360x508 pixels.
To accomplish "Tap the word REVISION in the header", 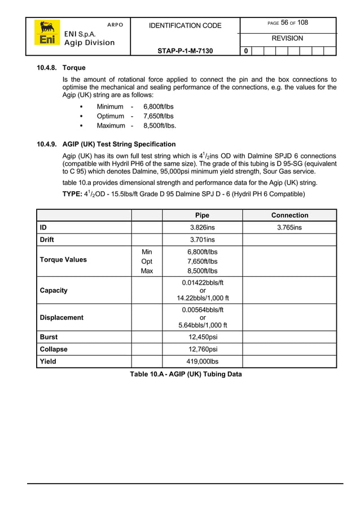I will pyautogui.click(x=287, y=38).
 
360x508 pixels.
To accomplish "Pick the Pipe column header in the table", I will pyautogui.click(x=202, y=215).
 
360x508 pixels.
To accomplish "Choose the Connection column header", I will pyautogui.click(x=289, y=215).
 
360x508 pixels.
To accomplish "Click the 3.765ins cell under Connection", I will pyautogui.click(x=289, y=228).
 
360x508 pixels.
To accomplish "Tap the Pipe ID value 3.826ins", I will pyautogui.click(x=202, y=228).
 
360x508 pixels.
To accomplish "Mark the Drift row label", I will pyautogui.click(x=47, y=240).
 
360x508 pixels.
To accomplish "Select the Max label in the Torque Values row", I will pyautogui.click(x=147, y=272).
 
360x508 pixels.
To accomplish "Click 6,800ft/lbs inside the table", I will pyautogui.click(x=202, y=251).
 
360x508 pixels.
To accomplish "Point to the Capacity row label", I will pyautogui.click(x=54, y=290).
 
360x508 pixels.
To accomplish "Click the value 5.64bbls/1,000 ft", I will pyautogui.click(x=202, y=325).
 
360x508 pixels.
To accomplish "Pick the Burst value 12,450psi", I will pyautogui.click(x=202, y=337).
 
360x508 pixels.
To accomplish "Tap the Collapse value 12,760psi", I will pyautogui.click(x=202, y=350).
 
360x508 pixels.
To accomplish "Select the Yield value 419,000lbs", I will pyautogui.click(x=202, y=361).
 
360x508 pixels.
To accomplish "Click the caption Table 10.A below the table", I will pyautogui.click(x=186, y=374).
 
